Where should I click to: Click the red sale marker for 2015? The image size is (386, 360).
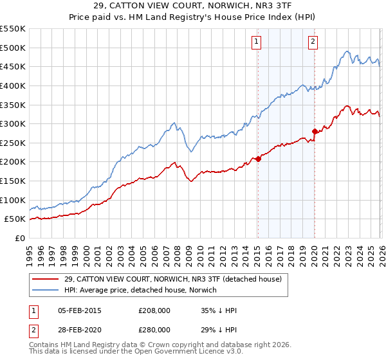[x=258, y=159]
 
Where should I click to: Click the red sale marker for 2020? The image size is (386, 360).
[x=315, y=131]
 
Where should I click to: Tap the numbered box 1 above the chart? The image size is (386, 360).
[x=257, y=42]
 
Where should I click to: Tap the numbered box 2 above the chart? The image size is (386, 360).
[x=313, y=42]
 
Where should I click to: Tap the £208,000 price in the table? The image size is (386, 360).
[x=154, y=310]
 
